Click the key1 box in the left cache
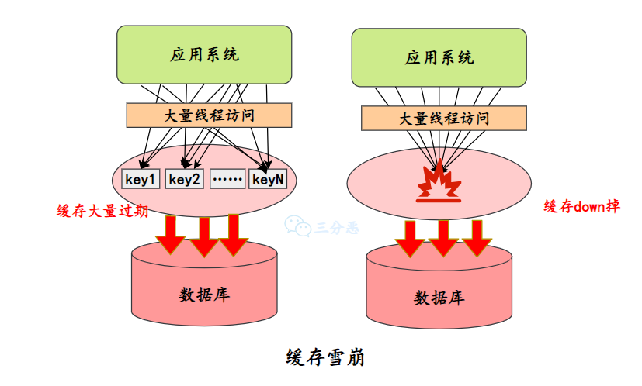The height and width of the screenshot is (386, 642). [141, 179]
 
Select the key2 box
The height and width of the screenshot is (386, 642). [185, 179]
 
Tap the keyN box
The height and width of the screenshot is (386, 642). [269, 179]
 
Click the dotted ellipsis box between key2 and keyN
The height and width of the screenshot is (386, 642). [227, 179]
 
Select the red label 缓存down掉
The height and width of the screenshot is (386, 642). [581, 206]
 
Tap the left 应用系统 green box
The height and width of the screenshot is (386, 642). [204, 54]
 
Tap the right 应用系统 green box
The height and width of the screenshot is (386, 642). [439, 57]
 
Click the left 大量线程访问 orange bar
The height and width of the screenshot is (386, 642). [209, 115]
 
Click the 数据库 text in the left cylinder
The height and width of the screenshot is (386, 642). [204, 295]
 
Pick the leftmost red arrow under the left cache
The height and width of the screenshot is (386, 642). [171, 235]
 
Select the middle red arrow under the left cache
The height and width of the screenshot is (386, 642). [203, 236]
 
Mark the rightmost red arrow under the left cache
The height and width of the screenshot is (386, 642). [233, 234]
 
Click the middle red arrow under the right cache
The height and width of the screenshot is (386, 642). [443, 239]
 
